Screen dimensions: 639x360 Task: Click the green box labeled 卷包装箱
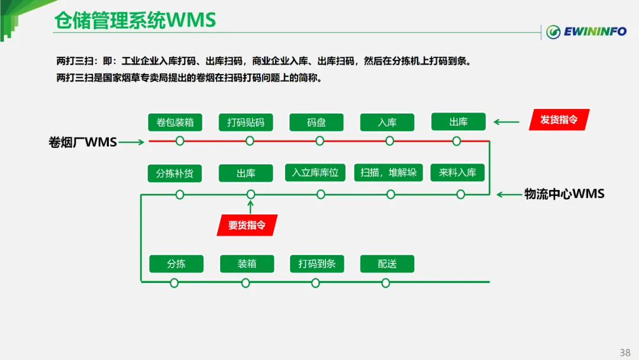tap(175, 122)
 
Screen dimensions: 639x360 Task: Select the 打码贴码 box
tap(246, 122)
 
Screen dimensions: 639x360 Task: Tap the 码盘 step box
tap(317, 122)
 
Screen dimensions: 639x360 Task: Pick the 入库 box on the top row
tap(387, 122)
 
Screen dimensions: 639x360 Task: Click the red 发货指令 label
tap(559, 120)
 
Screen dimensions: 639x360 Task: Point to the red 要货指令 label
tap(247, 225)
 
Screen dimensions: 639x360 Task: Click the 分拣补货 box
tap(175, 173)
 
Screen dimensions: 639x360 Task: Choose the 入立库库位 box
tap(315, 172)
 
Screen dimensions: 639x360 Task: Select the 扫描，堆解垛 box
tap(389, 172)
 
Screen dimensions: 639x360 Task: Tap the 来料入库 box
tap(457, 172)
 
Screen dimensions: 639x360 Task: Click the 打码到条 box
tap(317, 263)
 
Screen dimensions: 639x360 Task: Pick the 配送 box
tap(387, 263)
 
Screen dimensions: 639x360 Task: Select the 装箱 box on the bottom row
tap(247, 263)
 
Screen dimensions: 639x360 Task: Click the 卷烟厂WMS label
tap(83, 142)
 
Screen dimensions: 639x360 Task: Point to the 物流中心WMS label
tap(564, 194)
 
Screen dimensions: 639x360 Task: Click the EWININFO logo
tap(586, 31)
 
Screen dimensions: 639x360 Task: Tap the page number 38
tap(625, 353)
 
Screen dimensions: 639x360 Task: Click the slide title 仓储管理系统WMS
tap(135, 21)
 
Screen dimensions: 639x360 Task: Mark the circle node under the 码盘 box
tap(319, 141)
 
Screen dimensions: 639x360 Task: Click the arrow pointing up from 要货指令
tap(250, 206)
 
